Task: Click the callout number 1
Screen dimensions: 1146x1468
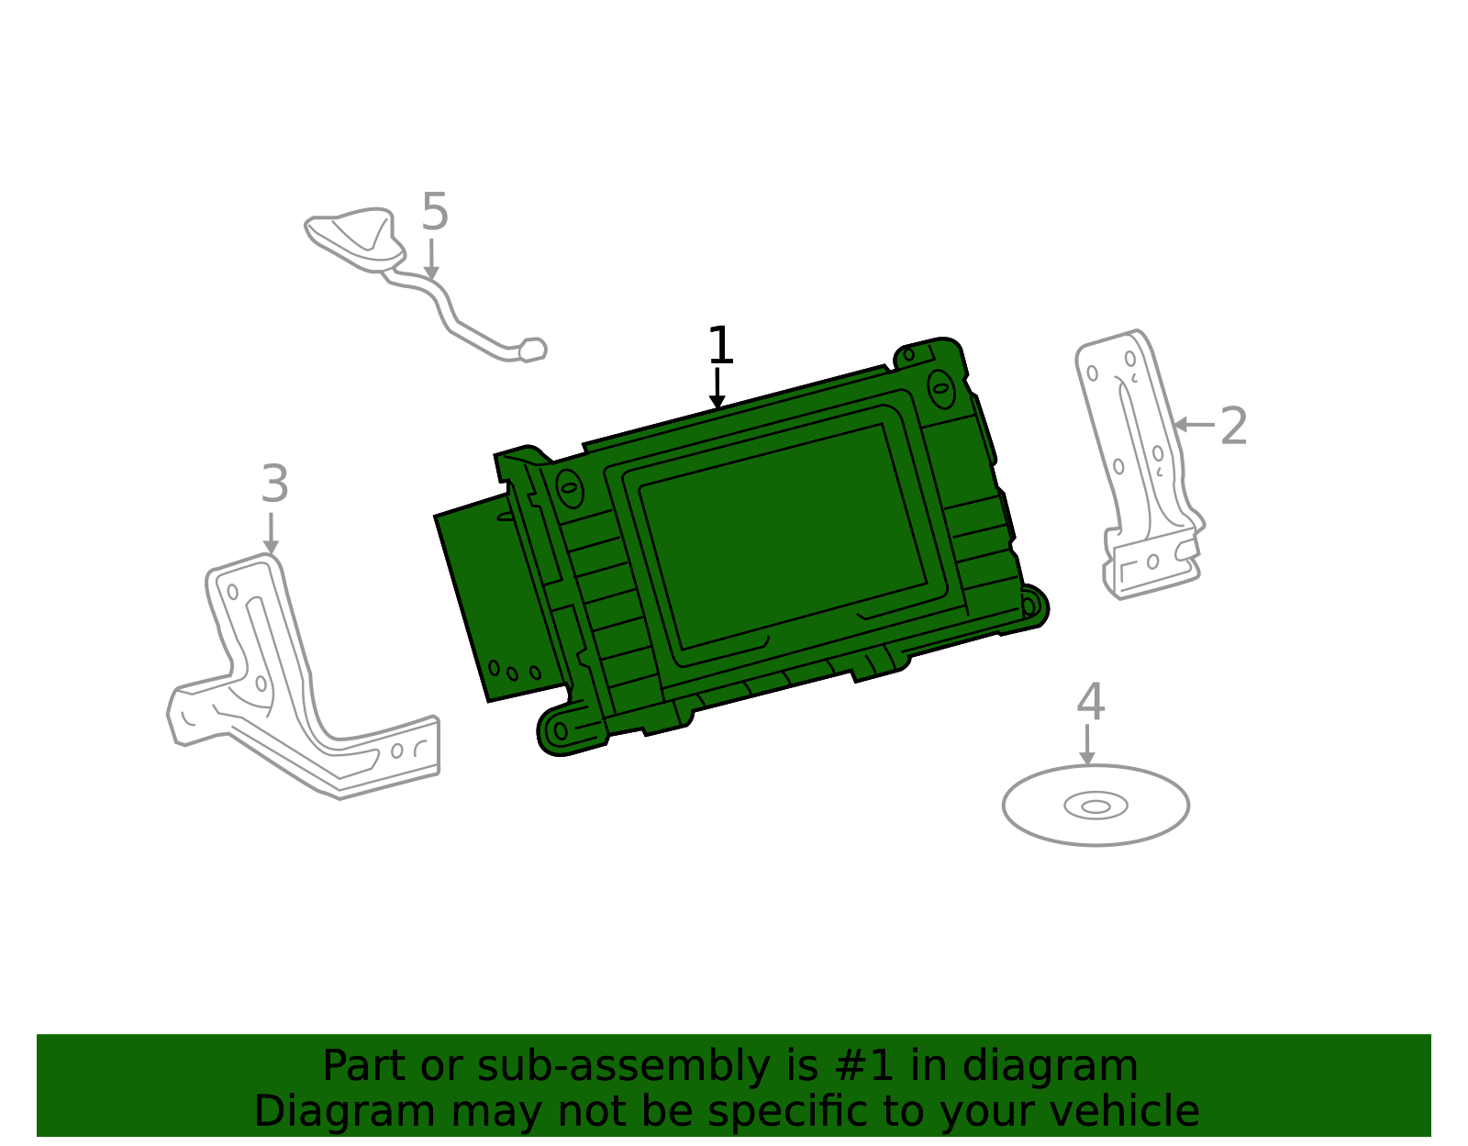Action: [x=721, y=346]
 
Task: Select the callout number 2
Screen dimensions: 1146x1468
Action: [x=1233, y=427]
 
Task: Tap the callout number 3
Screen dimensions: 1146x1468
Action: [x=274, y=484]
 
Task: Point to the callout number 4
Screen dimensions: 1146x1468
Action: [x=1090, y=702]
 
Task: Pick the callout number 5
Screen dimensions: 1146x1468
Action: [x=435, y=212]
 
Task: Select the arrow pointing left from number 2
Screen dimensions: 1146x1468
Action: [x=1194, y=424]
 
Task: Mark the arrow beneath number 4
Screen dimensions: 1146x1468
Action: [x=1087, y=745]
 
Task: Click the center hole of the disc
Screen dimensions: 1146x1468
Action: [x=1095, y=807]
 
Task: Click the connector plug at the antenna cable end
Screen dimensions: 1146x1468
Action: [x=532, y=350]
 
